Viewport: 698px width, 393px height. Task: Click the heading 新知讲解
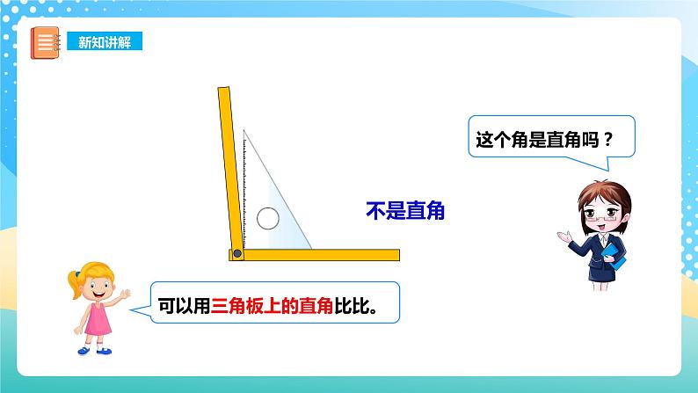[105, 42]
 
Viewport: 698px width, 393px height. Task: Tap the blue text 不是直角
[405, 210]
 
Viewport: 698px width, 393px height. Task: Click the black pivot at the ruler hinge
[236, 254]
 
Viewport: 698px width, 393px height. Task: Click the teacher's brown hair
[593, 189]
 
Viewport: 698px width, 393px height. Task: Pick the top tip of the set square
[244, 133]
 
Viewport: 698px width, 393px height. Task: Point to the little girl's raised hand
[125, 294]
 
